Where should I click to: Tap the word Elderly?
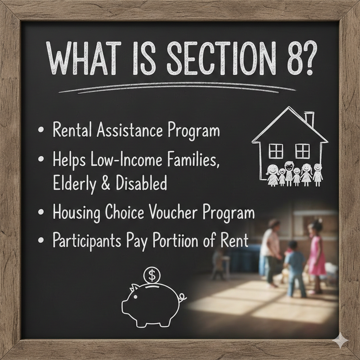(74, 184)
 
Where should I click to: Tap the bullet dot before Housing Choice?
(41, 212)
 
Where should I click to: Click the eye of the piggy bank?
(136, 297)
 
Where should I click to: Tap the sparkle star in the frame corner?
(342, 341)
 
